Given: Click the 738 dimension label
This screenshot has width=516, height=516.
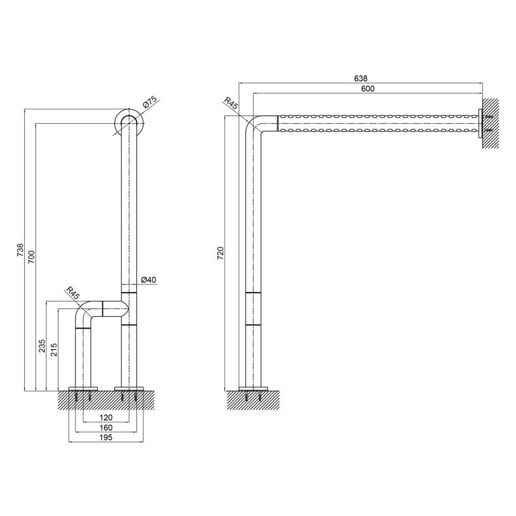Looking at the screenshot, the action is pyautogui.click(x=20, y=250).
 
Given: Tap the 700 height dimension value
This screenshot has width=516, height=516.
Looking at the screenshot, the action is pyautogui.click(x=31, y=257).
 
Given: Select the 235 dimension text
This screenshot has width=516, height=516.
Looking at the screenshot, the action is pyautogui.click(x=43, y=346).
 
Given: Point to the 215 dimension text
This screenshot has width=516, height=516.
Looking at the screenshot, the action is pyautogui.click(x=54, y=350).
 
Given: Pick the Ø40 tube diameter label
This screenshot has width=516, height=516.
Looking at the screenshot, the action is pyautogui.click(x=149, y=280).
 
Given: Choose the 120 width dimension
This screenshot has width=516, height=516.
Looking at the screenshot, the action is pyautogui.click(x=106, y=418).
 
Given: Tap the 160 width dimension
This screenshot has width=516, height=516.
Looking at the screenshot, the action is pyautogui.click(x=106, y=428).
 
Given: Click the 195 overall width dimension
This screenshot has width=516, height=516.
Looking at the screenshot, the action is pyautogui.click(x=106, y=438).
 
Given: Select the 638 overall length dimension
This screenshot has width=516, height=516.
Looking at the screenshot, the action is pyautogui.click(x=361, y=78).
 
